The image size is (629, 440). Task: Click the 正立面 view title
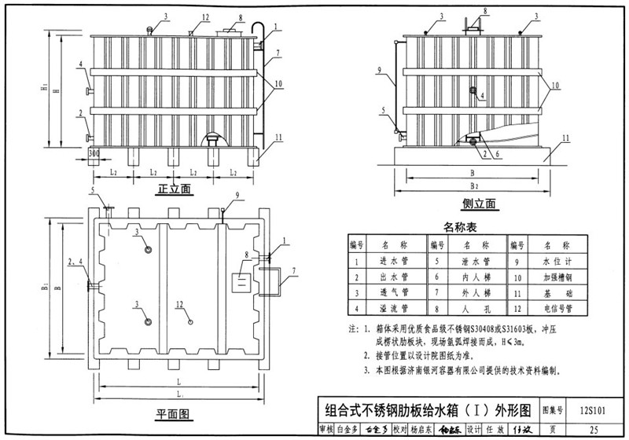[175, 189]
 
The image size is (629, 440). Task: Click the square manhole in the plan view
[241, 282]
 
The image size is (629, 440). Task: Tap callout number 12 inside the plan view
[180, 303]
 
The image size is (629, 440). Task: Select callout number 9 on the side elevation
[380, 70]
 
